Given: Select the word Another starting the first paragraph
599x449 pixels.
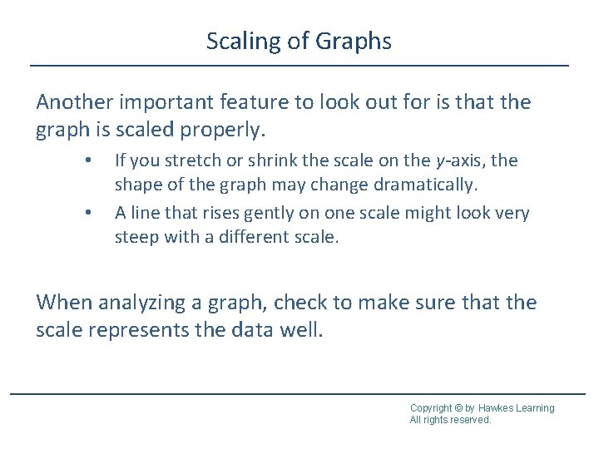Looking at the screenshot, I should pos(77,103).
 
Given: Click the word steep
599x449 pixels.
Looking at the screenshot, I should pos(136,238).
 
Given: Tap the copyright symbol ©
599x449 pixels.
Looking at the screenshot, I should pos(460,408).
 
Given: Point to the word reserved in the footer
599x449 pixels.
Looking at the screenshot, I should pos(470,420).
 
